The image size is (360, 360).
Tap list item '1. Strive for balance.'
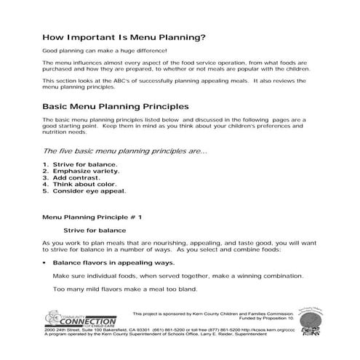(x=79, y=166)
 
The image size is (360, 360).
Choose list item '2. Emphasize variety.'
(x=81, y=172)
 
